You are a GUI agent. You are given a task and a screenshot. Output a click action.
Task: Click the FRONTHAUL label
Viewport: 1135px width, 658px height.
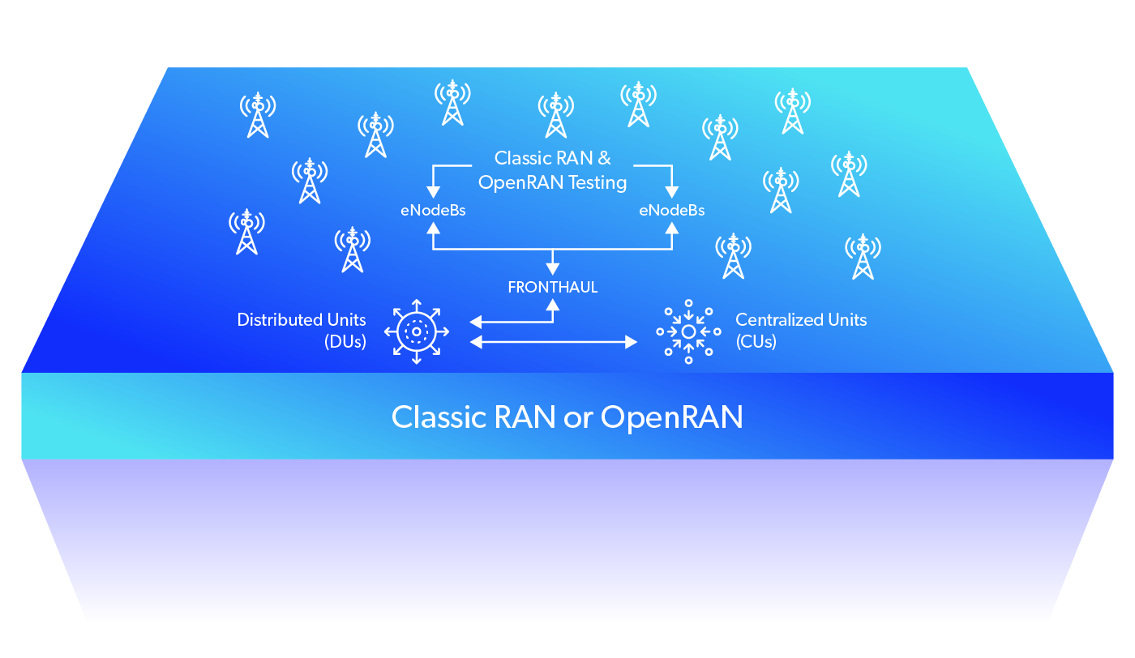[x=553, y=288]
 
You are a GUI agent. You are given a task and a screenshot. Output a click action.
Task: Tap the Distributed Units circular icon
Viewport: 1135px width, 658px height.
[x=417, y=331]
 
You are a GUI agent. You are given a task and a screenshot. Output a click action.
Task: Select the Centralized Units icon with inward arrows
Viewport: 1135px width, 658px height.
[x=688, y=331]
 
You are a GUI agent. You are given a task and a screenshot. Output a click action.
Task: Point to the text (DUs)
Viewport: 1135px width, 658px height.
[x=345, y=342]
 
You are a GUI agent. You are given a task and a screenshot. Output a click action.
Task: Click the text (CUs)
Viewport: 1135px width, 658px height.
[x=756, y=342]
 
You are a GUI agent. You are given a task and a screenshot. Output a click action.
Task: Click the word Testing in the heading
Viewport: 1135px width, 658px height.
[x=597, y=183]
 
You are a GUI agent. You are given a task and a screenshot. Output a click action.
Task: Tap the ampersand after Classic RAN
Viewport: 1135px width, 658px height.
[x=604, y=158]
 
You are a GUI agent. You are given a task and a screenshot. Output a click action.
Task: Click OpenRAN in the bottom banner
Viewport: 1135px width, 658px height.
[x=672, y=418]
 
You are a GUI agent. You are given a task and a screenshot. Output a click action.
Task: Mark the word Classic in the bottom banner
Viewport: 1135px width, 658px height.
[x=439, y=418]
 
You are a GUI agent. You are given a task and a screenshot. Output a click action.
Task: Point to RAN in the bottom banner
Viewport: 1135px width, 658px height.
[x=529, y=418]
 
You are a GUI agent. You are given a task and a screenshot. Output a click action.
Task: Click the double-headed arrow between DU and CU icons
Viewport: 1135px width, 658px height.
[x=555, y=343]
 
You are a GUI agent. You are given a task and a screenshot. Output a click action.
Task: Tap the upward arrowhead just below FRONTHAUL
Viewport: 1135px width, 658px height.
[x=553, y=305]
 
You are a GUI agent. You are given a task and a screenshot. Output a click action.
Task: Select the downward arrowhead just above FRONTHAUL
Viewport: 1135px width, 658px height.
[x=553, y=268]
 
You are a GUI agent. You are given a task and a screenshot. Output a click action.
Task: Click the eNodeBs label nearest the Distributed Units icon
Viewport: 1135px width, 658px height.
[x=433, y=211]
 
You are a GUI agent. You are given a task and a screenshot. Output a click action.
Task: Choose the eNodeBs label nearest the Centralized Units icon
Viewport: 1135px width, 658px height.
[x=671, y=211]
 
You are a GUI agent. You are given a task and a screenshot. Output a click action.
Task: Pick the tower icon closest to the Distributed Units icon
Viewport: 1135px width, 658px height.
[x=352, y=250]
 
